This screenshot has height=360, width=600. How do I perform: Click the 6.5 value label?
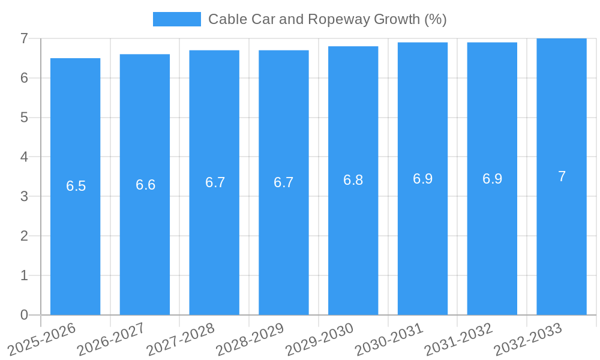(x=76, y=186)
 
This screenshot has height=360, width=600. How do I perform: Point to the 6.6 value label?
(x=145, y=185)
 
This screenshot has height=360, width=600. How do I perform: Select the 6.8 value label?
(x=353, y=180)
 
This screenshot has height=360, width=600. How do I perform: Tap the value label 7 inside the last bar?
(x=562, y=176)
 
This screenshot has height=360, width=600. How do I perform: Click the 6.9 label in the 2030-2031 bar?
(x=422, y=179)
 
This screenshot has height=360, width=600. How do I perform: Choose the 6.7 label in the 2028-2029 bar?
(x=283, y=182)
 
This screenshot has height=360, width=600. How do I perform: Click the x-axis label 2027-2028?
(x=181, y=339)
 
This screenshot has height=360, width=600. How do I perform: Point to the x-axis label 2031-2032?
(x=459, y=339)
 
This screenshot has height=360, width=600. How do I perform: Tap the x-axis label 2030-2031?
(x=389, y=339)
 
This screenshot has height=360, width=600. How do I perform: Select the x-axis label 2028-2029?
(x=250, y=339)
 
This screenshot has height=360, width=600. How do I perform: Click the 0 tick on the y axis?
(x=24, y=315)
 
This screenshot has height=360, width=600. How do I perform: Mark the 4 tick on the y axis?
(x=24, y=157)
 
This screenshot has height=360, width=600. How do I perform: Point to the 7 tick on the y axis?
(x=24, y=38)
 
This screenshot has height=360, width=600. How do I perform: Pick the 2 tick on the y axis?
(x=24, y=236)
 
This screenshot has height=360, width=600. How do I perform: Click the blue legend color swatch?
(x=176, y=19)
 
